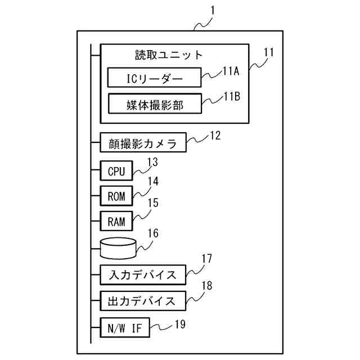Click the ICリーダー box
click(154, 78)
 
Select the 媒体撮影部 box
click(154, 103)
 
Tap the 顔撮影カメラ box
click(142, 143)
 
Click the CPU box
click(116, 170)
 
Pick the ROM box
click(116, 196)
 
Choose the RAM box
click(116, 221)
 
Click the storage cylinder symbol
click(118, 246)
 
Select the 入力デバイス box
click(142, 275)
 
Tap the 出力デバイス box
click(142, 300)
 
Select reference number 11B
click(232, 96)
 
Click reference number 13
click(152, 163)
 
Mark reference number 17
click(206, 260)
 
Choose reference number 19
click(179, 323)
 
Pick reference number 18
click(206, 286)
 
